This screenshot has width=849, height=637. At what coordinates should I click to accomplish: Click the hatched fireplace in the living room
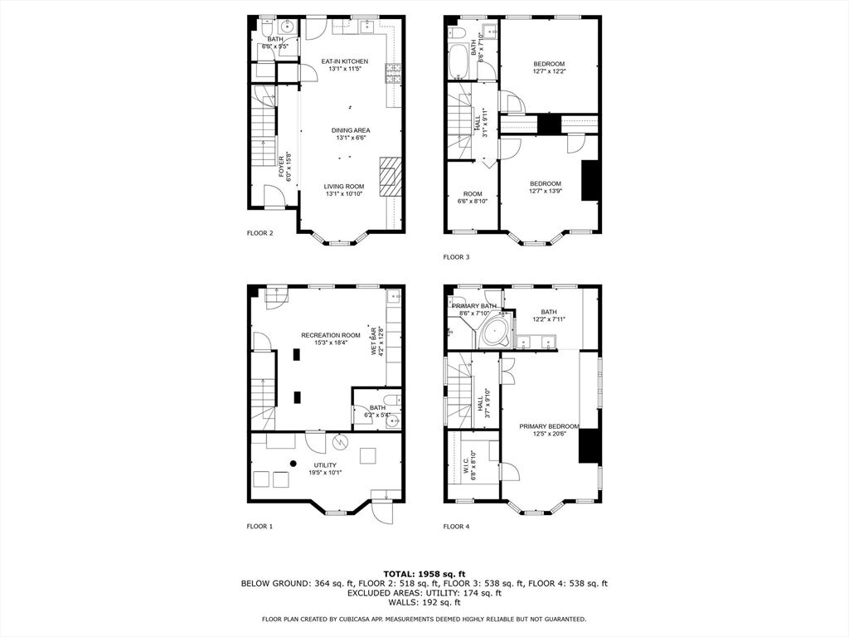[391, 176]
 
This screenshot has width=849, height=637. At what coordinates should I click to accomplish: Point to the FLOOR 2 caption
[260, 233]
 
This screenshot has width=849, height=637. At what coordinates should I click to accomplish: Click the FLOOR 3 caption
[456, 257]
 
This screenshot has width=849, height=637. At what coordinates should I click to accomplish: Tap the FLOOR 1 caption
[260, 526]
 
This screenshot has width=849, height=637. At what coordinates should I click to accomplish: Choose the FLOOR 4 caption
[456, 526]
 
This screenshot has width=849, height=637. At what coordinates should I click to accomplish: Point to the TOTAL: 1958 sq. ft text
[424, 573]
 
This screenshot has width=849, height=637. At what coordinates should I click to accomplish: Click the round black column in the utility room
[293, 463]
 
